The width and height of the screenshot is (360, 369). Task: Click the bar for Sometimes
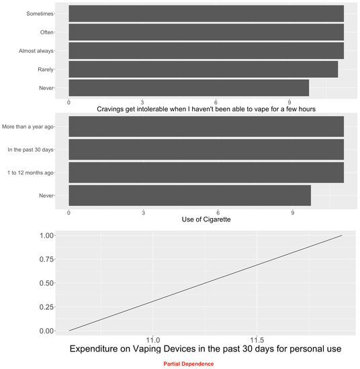(x=206, y=13)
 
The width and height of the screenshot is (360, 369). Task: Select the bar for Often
(x=206, y=32)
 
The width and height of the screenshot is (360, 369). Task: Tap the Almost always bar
(x=206, y=50)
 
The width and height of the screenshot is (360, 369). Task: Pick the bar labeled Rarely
(x=203, y=69)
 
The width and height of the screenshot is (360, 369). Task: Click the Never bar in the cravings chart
(x=188, y=87)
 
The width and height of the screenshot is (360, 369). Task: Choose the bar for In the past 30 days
(x=206, y=149)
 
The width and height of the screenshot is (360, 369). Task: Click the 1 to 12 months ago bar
(x=206, y=172)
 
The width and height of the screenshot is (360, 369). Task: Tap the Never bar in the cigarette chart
(x=189, y=195)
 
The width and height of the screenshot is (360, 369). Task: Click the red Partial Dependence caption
(x=188, y=364)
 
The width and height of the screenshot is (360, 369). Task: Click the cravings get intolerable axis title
(x=206, y=109)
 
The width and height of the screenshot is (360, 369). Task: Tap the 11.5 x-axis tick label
(x=256, y=340)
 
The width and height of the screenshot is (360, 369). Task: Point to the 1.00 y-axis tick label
(x=45, y=235)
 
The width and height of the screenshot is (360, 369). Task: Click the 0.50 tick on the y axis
(x=45, y=283)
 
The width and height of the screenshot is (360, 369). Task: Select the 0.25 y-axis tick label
(x=45, y=307)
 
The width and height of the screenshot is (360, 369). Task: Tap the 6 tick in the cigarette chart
(x=218, y=212)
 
